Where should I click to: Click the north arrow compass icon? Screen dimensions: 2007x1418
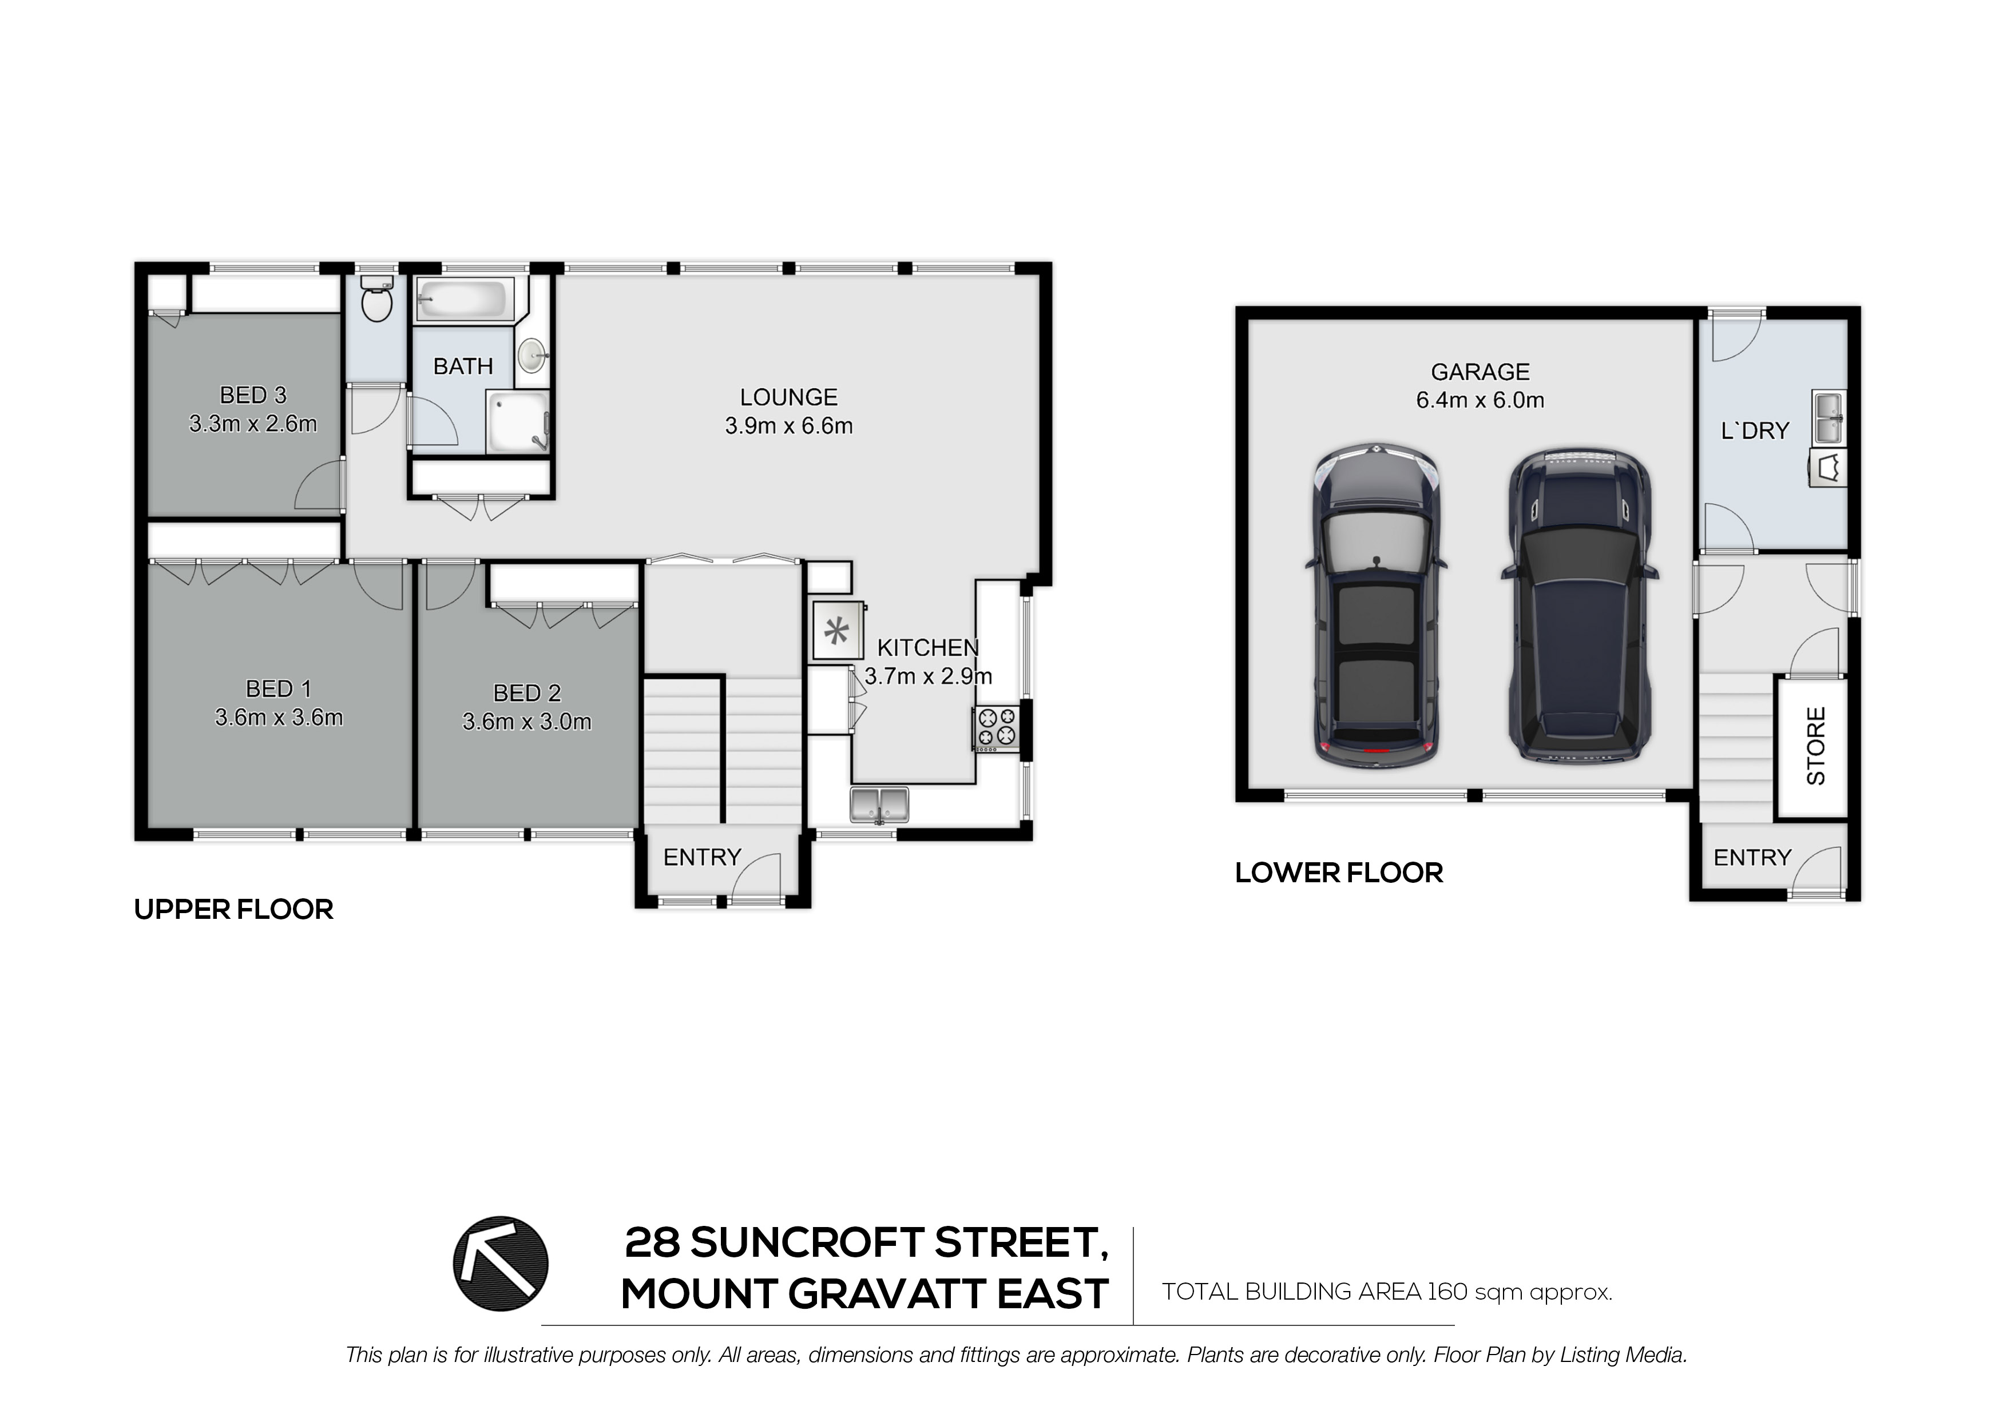[x=500, y=1264]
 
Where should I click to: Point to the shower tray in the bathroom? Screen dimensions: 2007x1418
[x=518, y=423]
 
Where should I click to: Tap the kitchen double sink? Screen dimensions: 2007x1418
[x=879, y=804]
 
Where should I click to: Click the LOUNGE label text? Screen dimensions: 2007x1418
[x=788, y=397]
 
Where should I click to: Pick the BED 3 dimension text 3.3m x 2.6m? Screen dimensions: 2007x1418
[x=253, y=424]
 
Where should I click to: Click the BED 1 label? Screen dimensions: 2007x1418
[x=278, y=690]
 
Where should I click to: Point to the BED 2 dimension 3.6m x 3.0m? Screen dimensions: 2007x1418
[x=526, y=722]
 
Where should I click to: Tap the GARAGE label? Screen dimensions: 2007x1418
[x=1480, y=372]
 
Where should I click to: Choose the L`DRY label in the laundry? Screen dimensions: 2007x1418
[x=1754, y=431]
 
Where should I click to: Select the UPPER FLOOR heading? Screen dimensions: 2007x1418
[x=233, y=910]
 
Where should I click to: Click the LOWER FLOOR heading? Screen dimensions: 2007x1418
[x=1338, y=873]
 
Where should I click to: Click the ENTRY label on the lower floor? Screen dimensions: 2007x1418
[x=1752, y=858]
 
